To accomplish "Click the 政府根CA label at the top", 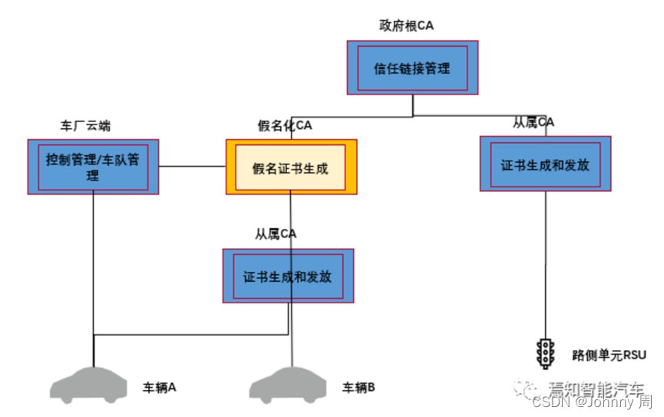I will pos(406,25).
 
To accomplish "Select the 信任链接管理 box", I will pos(411,68).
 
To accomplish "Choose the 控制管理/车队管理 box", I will pos(93,167).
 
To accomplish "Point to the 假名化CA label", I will pos(284,125).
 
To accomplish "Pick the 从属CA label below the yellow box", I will pos(276,234).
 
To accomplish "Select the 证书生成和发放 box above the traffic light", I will pos(546,164).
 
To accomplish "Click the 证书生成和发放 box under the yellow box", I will pos(288,276).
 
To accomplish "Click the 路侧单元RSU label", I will pos(609,355).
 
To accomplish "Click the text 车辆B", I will pos(358,387).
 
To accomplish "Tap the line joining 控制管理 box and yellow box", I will pos(192,167).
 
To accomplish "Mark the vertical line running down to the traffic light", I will pos(546,261).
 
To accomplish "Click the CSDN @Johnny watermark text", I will pos(591,402).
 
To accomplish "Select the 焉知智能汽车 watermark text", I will pos(596,388).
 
